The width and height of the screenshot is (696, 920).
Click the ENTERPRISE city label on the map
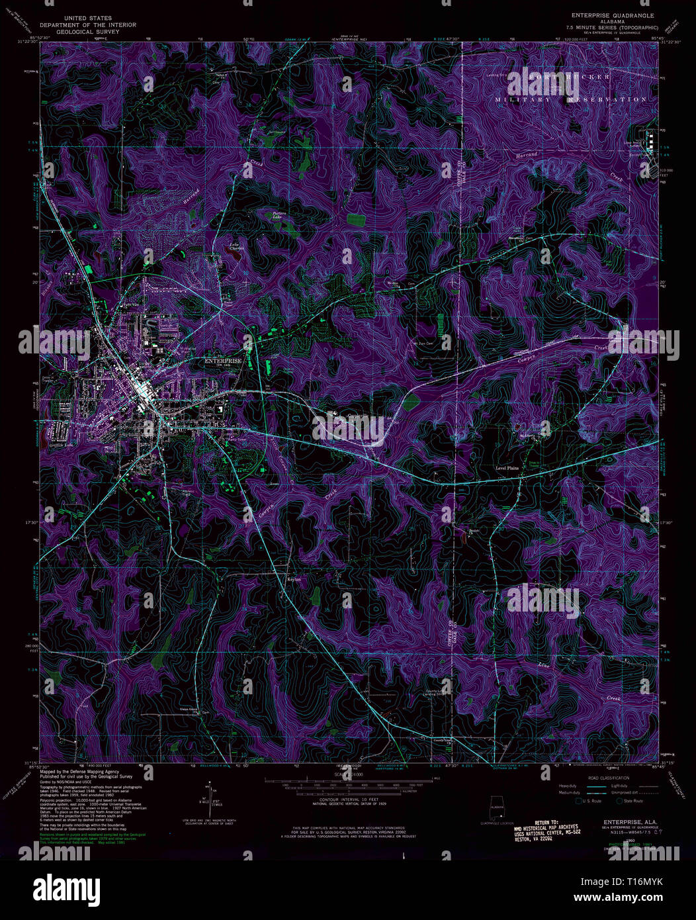pyautogui.click(x=222, y=361)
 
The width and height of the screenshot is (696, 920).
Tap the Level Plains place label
pyautogui.click(x=507, y=468)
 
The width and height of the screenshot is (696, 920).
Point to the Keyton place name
pyautogui.click(x=294, y=579)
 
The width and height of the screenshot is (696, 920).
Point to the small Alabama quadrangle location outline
pyautogui.click(x=495, y=811)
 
